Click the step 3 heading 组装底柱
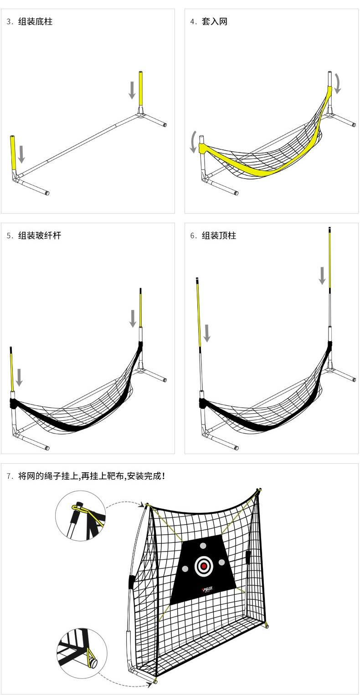[35, 21]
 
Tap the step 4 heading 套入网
[214, 21]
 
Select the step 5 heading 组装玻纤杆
[39, 235]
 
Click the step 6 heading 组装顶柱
[219, 235]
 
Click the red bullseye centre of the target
[204, 566]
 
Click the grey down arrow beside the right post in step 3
[132, 90]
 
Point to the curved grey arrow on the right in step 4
[337, 83]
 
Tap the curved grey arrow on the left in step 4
[194, 142]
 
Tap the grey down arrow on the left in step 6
[207, 333]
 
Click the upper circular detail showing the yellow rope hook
[81, 516]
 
